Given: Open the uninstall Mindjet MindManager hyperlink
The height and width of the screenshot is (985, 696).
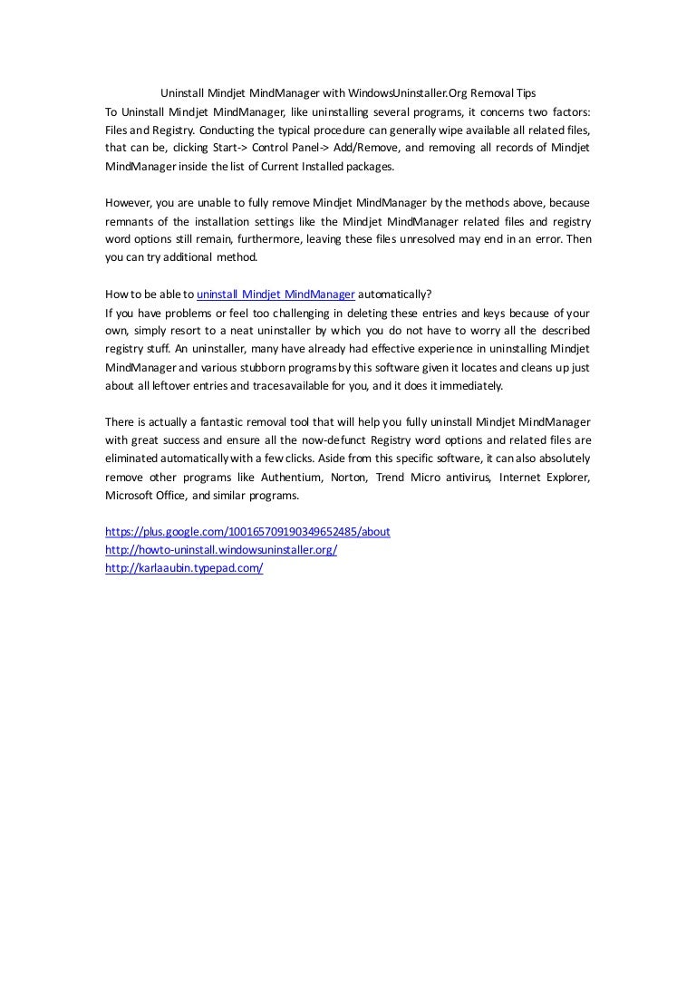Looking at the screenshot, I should point(275,294).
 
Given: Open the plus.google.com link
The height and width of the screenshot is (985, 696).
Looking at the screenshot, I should point(247,532).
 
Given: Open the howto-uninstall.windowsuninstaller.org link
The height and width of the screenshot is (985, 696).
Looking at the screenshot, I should point(221,550).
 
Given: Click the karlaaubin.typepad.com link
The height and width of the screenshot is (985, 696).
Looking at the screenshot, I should point(184,568).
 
